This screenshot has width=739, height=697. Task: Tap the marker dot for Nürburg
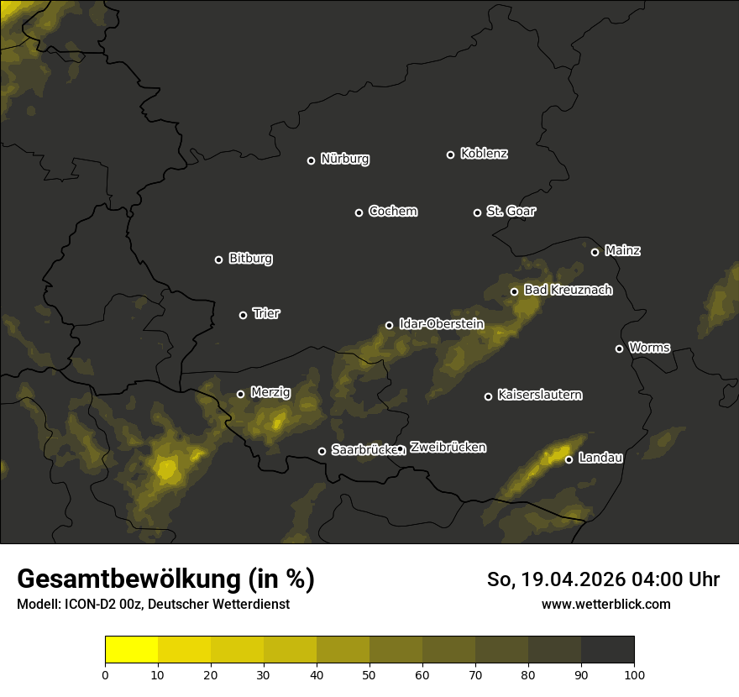click(311, 160)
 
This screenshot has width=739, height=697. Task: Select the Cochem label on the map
click(392, 211)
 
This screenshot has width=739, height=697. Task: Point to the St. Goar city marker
click(477, 212)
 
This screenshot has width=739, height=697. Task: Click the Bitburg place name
click(250, 259)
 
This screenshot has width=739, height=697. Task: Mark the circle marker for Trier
click(244, 315)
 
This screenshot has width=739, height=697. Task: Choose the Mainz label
click(622, 250)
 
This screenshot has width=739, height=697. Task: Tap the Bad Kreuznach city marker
click(515, 291)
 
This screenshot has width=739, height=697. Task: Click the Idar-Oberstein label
click(441, 323)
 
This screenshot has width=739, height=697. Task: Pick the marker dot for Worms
click(619, 348)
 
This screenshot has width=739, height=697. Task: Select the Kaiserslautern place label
click(539, 395)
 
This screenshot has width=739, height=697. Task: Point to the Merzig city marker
click(240, 394)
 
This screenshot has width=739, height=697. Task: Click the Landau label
click(600, 458)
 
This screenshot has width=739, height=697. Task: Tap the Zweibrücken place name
click(448, 448)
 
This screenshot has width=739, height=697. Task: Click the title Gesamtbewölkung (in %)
click(165, 579)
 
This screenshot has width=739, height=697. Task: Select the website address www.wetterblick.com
click(605, 604)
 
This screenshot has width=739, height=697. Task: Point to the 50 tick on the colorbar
click(369, 673)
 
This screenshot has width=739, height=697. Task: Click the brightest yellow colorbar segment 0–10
click(131, 650)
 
